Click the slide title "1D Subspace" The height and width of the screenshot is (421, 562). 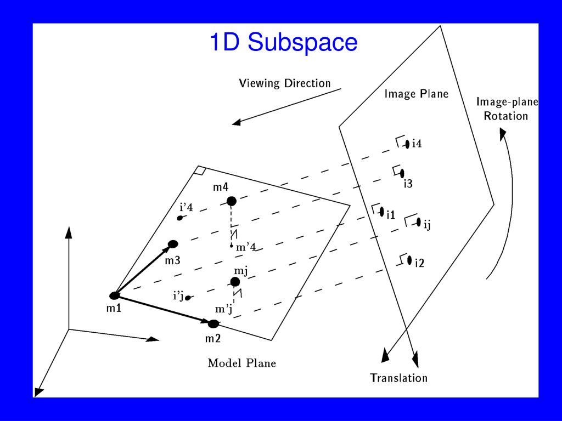point(283,43)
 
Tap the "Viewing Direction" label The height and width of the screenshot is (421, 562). point(284,83)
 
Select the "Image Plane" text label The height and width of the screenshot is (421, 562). point(416,94)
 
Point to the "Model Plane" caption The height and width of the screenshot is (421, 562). point(241,363)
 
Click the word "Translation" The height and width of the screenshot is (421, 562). point(398,378)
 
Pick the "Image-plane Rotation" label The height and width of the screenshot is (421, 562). point(506,109)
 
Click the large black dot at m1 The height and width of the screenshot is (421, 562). point(115,295)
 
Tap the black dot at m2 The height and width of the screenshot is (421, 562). point(213,323)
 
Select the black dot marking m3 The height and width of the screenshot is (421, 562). point(173,244)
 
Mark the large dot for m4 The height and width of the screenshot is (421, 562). point(232,201)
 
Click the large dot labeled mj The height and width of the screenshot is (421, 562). point(235,282)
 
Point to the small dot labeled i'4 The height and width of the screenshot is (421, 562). point(179,218)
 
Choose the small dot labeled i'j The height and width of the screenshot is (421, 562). point(188,298)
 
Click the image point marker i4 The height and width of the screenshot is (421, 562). point(407,144)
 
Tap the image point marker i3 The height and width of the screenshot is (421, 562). point(402,173)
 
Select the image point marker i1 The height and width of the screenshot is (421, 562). point(381,212)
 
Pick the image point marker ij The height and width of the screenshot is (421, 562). point(419,222)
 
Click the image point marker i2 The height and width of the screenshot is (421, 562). point(409,260)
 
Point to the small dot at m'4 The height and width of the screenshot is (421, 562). point(232,246)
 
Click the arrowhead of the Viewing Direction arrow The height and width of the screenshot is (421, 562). point(237,123)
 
